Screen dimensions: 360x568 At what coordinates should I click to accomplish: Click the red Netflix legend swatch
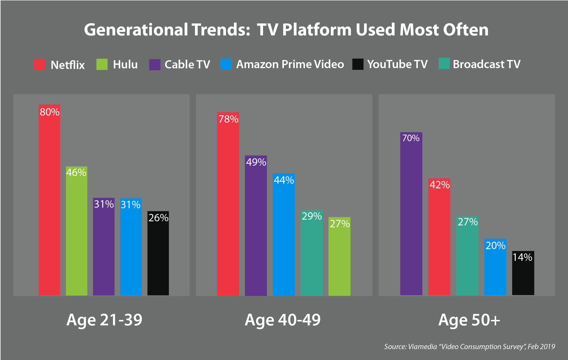pyautogui.click(x=39, y=64)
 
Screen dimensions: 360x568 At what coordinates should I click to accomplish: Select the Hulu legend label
pyautogui.click(x=125, y=65)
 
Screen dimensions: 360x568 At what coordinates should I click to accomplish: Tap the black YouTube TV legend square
pyautogui.click(x=358, y=64)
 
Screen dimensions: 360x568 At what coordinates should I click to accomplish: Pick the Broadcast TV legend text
pyautogui.click(x=487, y=64)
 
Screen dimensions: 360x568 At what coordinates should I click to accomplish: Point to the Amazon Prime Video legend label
pyautogui.click(x=290, y=64)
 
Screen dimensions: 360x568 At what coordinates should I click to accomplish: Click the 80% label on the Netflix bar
pyautogui.click(x=50, y=112)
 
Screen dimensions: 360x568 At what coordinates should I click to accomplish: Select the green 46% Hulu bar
pyautogui.click(x=77, y=232)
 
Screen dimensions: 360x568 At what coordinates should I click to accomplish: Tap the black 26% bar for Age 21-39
pyautogui.click(x=158, y=253)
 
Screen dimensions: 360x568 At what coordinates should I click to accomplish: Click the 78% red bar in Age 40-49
pyautogui.click(x=228, y=204)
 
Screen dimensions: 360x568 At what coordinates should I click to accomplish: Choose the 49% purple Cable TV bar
pyautogui.click(x=256, y=226)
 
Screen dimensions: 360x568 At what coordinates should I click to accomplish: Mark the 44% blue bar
pyautogui.click(x=283, y=234)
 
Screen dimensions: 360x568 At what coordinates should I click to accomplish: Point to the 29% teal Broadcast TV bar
pyautogui.click(x=312, y=253)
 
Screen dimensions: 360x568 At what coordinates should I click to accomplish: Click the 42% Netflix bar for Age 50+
pyautogui.click(x=439, y=237)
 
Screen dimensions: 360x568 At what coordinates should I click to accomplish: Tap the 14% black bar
pyautogui.click(x=523, y=273)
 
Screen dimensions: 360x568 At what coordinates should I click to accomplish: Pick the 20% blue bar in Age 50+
pyautogui.click(x=495, y=267)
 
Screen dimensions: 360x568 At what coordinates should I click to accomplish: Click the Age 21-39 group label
pyautogui.click(x=104, y=320)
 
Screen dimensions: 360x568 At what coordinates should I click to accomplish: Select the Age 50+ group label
pyautogui.click(x=469, y=320)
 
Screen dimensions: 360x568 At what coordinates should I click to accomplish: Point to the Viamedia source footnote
pyautogui.click(x=469, y=347)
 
